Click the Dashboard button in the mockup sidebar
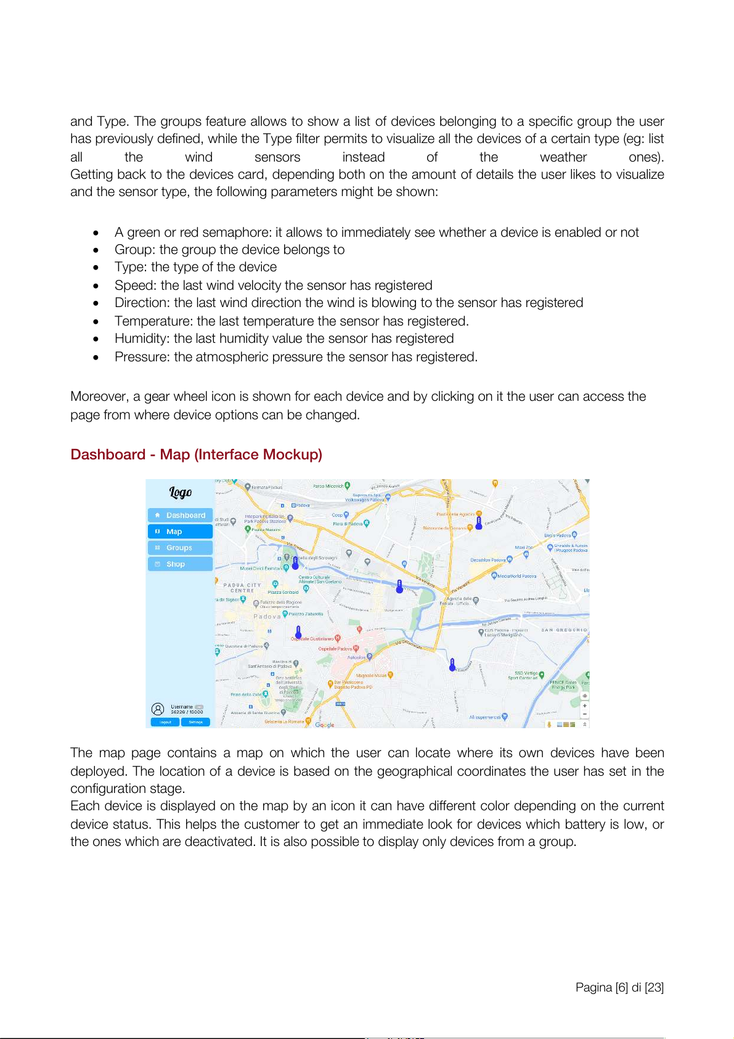pos(180,515)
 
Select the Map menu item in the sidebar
pos(180,532)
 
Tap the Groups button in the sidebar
pos(180,548)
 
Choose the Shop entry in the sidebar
pos(180,564)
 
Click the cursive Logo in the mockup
pos(181,492)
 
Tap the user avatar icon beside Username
pos(158,709)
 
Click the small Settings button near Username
pos(195,722)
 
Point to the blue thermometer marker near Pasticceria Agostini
pos(479,524)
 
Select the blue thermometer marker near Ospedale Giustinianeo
pos(298,632)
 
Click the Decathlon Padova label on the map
pos(488,561)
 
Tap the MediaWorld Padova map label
pos(516,576)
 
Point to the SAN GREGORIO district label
pos(564,630)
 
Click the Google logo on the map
pos(325,725)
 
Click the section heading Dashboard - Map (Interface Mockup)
pos(196,454)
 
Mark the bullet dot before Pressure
pos(96,358)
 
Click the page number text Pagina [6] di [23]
pos(619,987)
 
